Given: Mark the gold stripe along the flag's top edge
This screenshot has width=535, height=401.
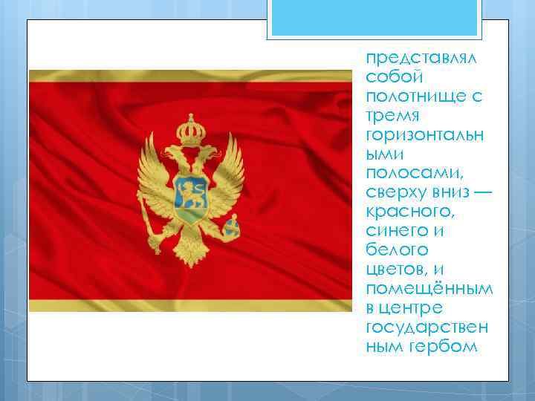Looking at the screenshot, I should (189, 76).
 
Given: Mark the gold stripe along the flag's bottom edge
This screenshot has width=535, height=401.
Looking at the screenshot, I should (189, 305).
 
